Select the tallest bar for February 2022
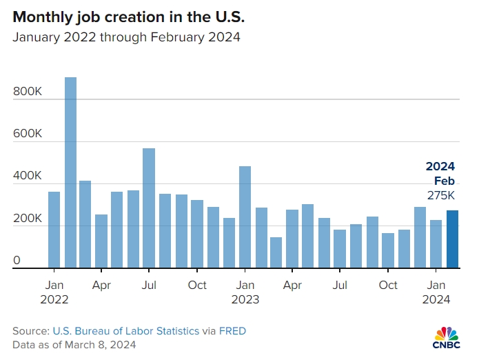[70, 172]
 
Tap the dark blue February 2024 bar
[452, 239]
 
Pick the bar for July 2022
[149, 208]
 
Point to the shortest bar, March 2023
[276, 252]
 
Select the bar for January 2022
[54, 230]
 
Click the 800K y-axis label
[28, 91]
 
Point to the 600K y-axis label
[28, 134]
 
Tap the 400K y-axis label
[28, 177]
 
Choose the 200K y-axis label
[28, 219]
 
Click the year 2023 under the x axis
[245, 299]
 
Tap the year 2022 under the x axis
[55, 299]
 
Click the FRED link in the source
[232, 331]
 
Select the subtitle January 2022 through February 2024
[126, 37]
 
